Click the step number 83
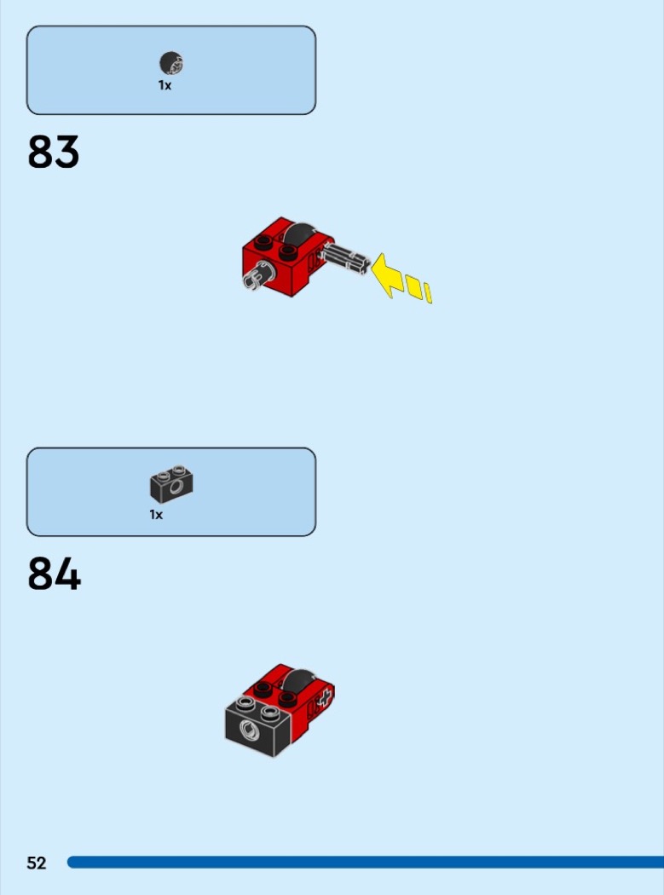54,153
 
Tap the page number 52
37,863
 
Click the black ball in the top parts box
171,63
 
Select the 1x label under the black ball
165,85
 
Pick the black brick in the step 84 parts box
171,483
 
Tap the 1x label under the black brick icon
156,515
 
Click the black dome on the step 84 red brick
297,679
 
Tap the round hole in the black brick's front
249,730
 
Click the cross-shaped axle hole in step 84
323,701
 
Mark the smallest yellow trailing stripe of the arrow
428,294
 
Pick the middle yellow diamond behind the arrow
413,287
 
